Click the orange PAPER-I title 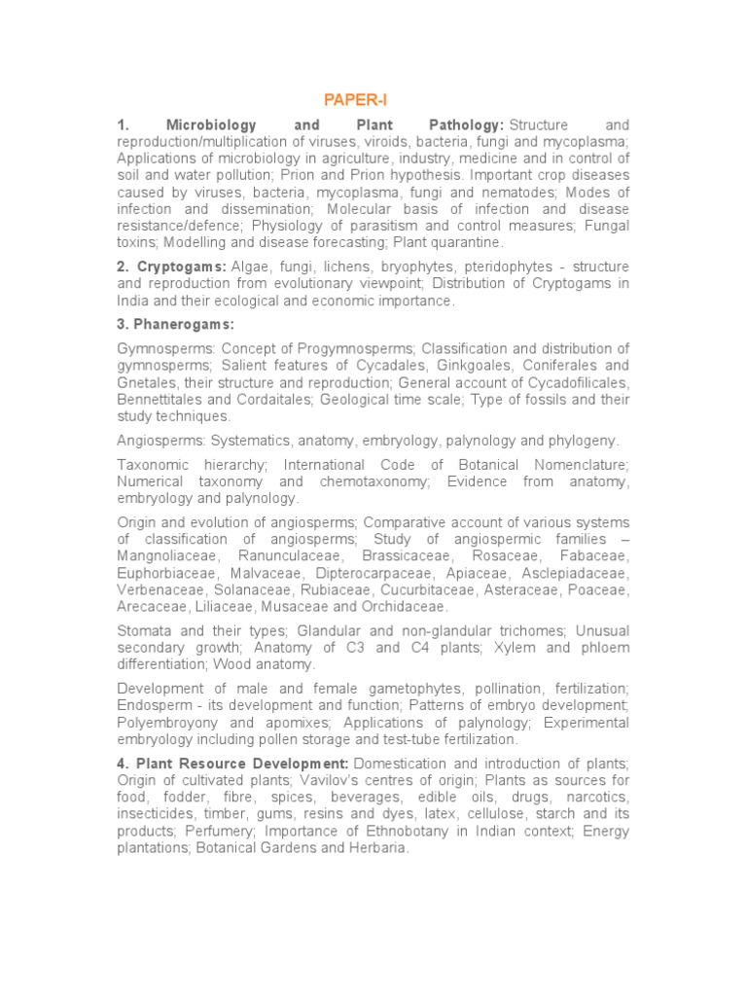pyautogui.click(x=347, y=99)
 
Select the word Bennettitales pyautogui.click(x=163, y=400)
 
